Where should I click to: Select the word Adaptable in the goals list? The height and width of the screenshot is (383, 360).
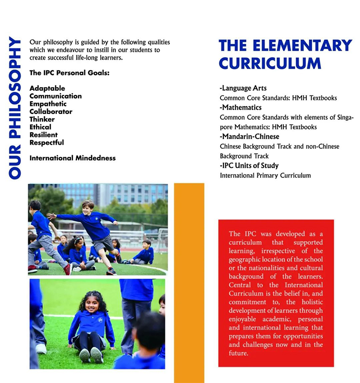click(x=47, y=88)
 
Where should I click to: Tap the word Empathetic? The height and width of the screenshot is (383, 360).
click(x=48, y=104)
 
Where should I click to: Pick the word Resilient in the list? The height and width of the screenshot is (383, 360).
click(x=43, y=135)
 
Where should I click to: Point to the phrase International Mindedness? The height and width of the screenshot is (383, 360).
click(x=72, y=158)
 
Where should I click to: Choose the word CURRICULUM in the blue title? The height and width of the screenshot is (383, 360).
click(x=270, y=63)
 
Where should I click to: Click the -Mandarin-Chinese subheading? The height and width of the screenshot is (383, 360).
click(x=249, y=137)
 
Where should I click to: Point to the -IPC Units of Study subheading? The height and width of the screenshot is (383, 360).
click(x=249, y=165)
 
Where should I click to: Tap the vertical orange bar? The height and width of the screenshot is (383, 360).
click(x=189, y=282)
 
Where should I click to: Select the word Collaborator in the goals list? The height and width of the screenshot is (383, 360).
click(x=51, y=111)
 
